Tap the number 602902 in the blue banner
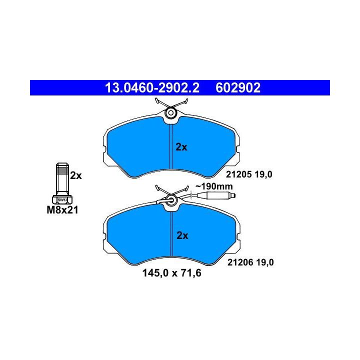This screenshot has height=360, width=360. (238, 88)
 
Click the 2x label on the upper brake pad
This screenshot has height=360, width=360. (181, 147)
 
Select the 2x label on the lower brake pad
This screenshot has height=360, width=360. (181, 235)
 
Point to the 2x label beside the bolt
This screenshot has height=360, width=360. (75, 175)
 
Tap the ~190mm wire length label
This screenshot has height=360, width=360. (214, 186)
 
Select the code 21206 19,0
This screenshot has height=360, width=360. (251, 262)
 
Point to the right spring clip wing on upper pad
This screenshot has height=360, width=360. (181, 104)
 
